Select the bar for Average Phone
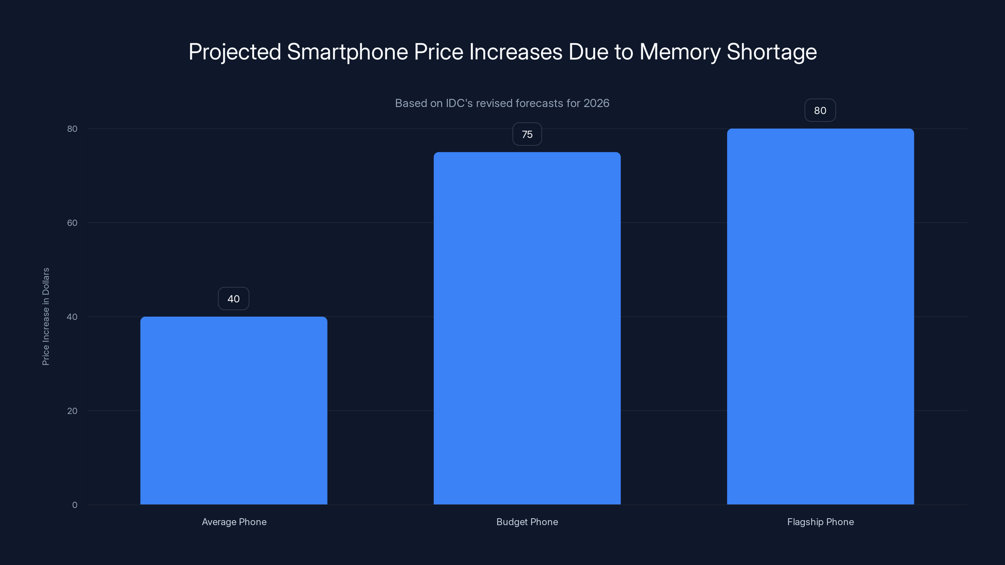click(x=234, y=410)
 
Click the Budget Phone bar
click(x=527, y=328)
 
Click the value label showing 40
click(x=233, y=299)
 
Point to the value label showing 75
click(x=527, y=134)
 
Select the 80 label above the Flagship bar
click(x=820, y=110)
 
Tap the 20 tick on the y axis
click(x=72, y=411)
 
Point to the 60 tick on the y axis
click(x=72, y=223)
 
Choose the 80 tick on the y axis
click(x=72, y=129)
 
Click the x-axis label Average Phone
click(x=234, y=522)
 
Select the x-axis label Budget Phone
click(x=527, y=522)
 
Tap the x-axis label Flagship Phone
click(x=820, y=522)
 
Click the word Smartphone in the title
click(x=347, y=52)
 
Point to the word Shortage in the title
click(x=771, y=52)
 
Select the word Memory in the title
click(x=680, y=52)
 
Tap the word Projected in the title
click(x=235, y=52)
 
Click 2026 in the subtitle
click(x=596, y=103)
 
